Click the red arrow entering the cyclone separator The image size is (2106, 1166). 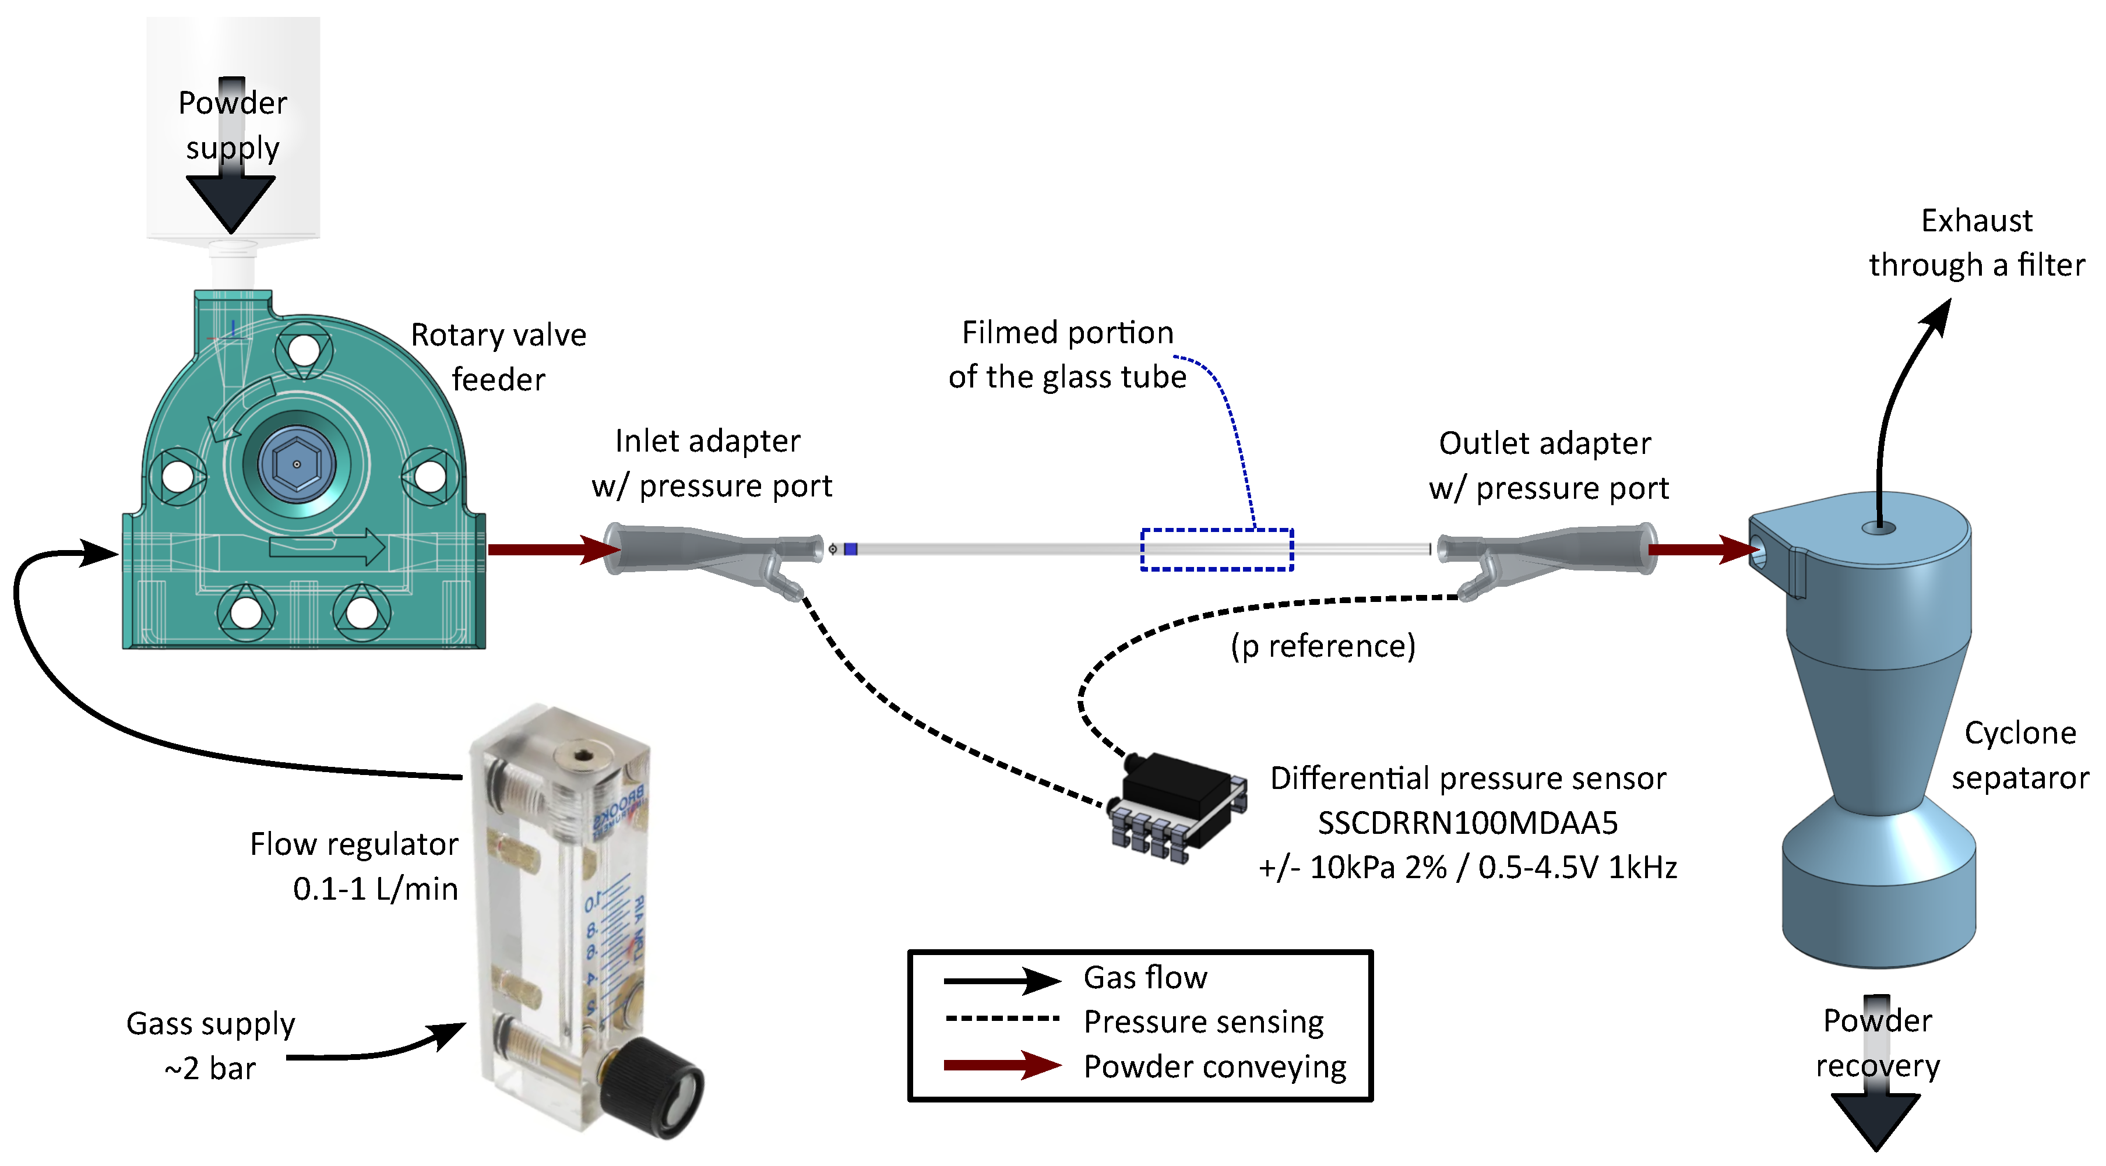coord(1700,549)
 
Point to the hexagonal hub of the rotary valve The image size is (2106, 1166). coord(296,464)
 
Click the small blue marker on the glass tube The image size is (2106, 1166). coord(850,549)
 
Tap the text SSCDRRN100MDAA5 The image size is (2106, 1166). coord(1467,823)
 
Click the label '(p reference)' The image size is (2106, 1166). coord(1323,646)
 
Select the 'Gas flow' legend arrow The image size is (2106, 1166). coord(1002,980)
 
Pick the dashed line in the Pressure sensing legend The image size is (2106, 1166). coord(1002,1019)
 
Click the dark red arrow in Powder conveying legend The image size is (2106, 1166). coord(1002,1065)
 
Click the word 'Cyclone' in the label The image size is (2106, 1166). coord(2019,732)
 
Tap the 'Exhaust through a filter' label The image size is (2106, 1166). coord(1976,243)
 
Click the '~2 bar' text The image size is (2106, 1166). coord(210,1069)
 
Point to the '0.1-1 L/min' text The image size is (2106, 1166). coord(375,889)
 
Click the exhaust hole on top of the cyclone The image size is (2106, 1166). coord(1879,527)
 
